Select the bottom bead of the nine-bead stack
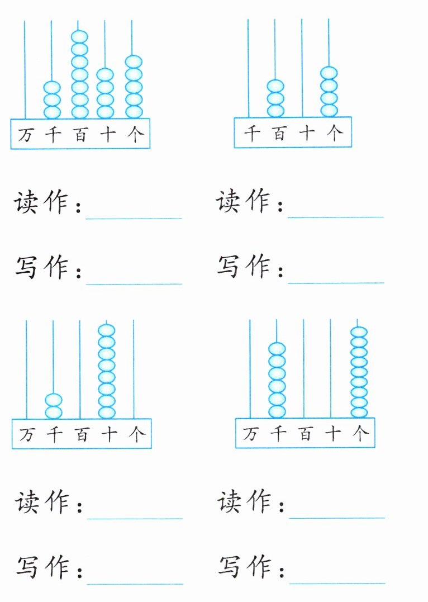pyautogui.click(x=359, y=412)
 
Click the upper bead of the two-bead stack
pyautogui.click(x=54, y=400)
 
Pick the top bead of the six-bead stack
pyautogui.click(x=277, y=349)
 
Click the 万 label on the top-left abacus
pyautogui.click(x=25, y=135)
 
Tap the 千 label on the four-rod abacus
pyautogui.click(x=252, y=133)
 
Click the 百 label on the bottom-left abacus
pyautogui.click(x=82, y=434)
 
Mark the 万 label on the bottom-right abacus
pyautogui.click(x=250, y=433)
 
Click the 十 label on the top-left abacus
pyautogui.click(x=107, y=135)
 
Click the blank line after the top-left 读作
pyautogui.click(x=134, y=215)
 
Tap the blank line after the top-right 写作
pyautogui.click(x=336, y=281)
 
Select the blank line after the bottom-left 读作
pyautogui.click(x=135, y=516)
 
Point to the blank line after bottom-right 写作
pyautogui.click(x=337, y=582)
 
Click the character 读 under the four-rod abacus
pyautogui.click(x=227, y=201)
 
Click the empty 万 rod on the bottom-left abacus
pyautogui.click(x=26, y=369)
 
